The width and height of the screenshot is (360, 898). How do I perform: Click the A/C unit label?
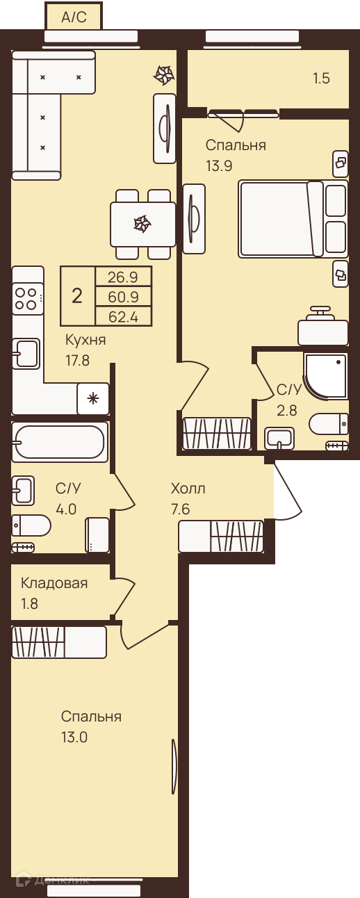[x=74, y=17]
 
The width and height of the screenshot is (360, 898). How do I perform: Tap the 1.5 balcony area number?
[x=322, y=78]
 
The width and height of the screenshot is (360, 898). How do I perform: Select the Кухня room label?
[x=85, y=341]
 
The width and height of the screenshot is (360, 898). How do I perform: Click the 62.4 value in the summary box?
[x=123, y=317]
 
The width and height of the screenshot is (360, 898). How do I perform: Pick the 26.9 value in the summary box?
[x=123, y=277]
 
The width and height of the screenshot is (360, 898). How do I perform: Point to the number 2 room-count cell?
[x=77, y=296]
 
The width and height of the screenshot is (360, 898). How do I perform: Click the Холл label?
[x=188, y=489]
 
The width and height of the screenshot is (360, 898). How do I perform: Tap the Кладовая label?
[x=54, y=583]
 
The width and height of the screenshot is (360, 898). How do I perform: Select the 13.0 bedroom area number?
[x=74, y=737]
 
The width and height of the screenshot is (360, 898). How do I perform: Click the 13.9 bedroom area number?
[x=219, y=165]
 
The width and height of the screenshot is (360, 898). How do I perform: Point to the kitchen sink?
[x=26, y=354]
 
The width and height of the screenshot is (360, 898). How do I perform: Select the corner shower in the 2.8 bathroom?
[x=325, y=376]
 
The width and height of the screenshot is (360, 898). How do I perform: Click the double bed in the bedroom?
[x=293, y=218]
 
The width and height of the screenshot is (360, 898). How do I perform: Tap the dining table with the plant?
[x=142, y=224]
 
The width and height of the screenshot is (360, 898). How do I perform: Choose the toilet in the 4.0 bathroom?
[x=31, y=525]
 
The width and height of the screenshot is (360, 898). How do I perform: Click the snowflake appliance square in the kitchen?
[x=93, y=398]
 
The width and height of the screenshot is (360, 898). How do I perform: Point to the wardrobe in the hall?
[x=221, y=537]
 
